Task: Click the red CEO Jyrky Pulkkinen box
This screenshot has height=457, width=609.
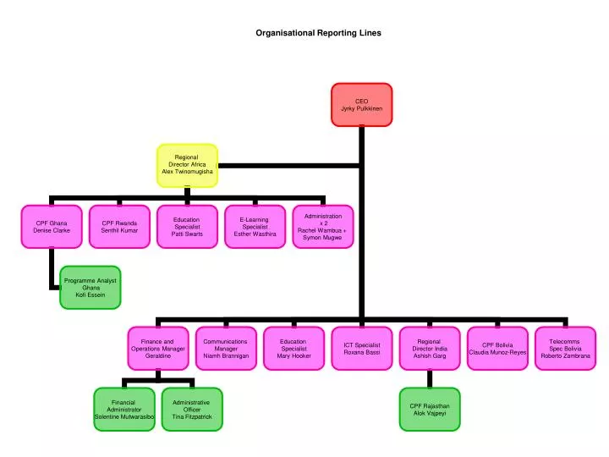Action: click(361, 104)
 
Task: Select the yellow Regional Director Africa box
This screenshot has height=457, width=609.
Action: click(187, 165)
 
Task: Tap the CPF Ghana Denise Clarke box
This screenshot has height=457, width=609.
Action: click(52, 226)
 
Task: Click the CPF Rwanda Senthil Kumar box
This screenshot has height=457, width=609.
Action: click(119, 226)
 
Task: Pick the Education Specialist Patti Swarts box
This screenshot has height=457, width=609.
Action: click(187, 226)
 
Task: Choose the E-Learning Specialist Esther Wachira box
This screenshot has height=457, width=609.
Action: click(255, 226)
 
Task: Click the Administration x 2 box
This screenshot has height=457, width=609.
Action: click(322, 226)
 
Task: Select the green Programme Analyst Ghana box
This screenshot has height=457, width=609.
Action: click(91, 287)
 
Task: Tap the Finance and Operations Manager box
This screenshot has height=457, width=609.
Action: click(158, 348)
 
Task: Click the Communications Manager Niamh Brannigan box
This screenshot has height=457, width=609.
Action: click(226, 348)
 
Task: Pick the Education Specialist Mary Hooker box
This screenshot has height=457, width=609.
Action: click(294, 348)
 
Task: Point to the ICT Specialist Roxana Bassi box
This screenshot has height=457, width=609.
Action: click(361, 348)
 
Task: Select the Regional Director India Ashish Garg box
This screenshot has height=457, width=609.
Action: click(429, 348)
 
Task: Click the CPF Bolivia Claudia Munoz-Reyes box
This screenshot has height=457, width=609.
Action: click(497, 348)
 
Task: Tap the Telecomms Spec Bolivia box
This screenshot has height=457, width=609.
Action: click(565, 348)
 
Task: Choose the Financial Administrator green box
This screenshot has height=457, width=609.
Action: click(124, 410)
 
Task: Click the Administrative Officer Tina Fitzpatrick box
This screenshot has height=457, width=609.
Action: click(192, 410)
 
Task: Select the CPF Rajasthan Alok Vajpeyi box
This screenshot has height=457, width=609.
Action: click(429, 410)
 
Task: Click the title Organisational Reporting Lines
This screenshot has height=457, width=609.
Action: click(319, 33)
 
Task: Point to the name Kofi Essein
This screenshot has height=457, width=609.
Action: click(91, 295)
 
